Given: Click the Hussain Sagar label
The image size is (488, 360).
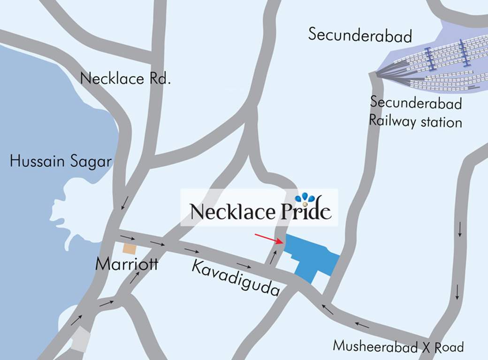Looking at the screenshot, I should [x=61, y=162].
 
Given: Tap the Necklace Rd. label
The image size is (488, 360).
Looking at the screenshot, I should [x=125, y=78].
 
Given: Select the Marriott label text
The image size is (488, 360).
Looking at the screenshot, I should [x=127, y=264].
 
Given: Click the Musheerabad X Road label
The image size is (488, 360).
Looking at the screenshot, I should [x=398, y=347].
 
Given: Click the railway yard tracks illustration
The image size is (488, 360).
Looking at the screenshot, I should [x=432, y=63].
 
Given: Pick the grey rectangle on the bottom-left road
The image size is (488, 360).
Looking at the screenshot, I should [x=80, y=338].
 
